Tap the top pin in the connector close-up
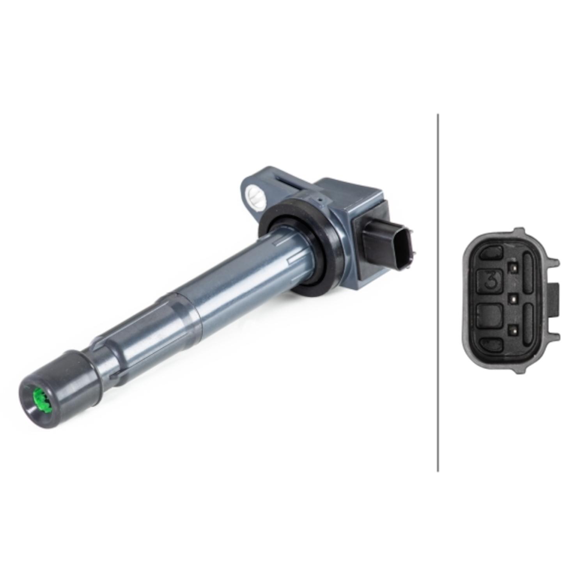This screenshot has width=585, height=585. (x=511, y=268)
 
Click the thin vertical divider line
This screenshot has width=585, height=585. (x=438, y=292)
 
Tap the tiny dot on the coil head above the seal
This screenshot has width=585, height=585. (x=319, y=200)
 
